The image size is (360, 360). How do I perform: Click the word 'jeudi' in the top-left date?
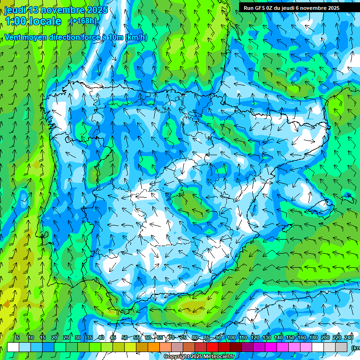click(15, 10)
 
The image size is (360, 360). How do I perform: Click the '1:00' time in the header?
click(15, 21)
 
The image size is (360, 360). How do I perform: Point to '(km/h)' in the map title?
click(136, 37)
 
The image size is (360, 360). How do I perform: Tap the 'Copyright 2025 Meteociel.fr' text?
click(199, 357)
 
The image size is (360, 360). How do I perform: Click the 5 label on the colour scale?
click(17, 338)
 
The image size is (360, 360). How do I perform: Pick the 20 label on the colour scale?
click(54, 338)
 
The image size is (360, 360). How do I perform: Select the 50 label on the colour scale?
click(125, 338)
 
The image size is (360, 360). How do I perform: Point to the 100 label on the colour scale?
click(232, 338)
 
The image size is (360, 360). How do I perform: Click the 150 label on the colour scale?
click(290, 338)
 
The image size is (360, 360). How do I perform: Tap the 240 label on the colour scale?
click(349, 338)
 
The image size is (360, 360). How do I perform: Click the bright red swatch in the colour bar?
click(212, 347)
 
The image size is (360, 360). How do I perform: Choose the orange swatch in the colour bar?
click(154, 347)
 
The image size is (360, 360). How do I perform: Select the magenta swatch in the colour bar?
click(271, 347)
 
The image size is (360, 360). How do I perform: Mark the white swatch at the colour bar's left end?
click(13, 347)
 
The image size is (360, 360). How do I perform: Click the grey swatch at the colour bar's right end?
click(341, 347)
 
